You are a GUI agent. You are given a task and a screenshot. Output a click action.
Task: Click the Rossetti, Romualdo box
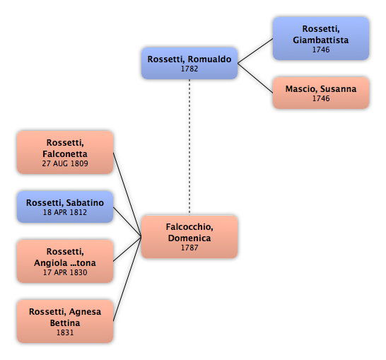[189, 63]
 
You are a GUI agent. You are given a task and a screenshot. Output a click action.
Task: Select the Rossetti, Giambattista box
[321, 38]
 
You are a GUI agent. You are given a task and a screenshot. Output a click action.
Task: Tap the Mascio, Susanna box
[321, 93]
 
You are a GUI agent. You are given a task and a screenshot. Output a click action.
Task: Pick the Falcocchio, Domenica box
[189, 237]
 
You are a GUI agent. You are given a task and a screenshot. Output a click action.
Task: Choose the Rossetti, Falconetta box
[65, 153]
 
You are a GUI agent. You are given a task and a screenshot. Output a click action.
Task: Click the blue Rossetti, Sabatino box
[65, 207]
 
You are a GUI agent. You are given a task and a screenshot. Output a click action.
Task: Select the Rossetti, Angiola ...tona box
[65, 261]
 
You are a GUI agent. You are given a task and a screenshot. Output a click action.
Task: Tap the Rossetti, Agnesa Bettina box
[65, 321]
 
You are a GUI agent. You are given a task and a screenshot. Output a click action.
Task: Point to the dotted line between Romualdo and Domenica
[189, 147]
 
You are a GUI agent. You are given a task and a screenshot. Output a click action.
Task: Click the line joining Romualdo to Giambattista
[255, 51]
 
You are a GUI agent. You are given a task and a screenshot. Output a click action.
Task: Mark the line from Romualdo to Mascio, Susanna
[255, 78]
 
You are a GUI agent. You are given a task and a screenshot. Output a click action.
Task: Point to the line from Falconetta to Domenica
[127, 194]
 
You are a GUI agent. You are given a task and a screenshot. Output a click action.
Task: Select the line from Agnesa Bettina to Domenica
[127, 279]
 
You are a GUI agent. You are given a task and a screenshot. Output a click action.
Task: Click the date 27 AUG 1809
[65, 163]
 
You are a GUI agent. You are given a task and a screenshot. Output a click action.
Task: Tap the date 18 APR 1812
[65, 212]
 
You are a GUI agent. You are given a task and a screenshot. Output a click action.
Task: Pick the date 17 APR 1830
[65, 272]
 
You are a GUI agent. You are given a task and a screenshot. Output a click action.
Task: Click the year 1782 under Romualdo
[189, 69]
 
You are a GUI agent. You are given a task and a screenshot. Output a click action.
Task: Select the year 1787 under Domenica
[189, 248]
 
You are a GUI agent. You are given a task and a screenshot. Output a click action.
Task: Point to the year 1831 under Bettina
[65, 332]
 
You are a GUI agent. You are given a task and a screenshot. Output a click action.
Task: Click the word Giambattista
[321, 40]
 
